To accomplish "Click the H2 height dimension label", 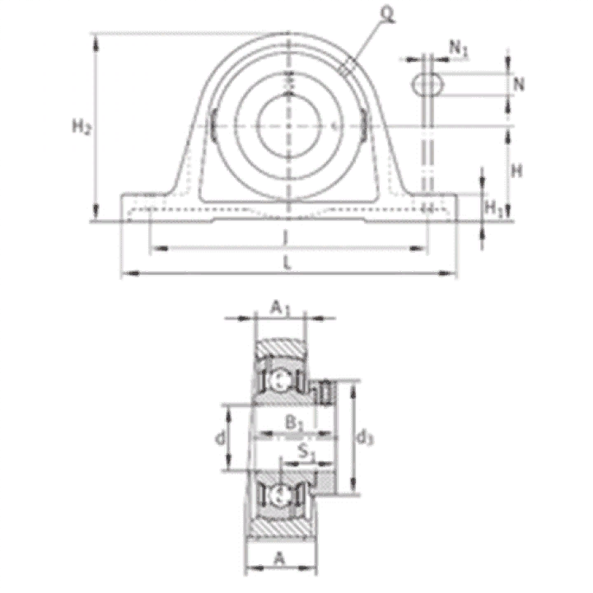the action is [x=82, y=126].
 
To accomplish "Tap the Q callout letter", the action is [x=387, y=14].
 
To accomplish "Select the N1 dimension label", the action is [x=459, y=49].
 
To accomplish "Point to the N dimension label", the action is [x=519, y=84].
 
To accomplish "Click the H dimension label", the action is [x=516, y=171].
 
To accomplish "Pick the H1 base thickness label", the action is [x=494, y=208].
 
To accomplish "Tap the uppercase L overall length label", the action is [x=287, y=263].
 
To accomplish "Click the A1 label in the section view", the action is [x=280, y=308].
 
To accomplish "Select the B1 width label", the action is [x=294, y=423].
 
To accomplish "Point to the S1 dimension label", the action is [x=306, y=452].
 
